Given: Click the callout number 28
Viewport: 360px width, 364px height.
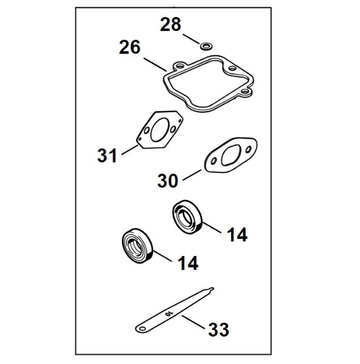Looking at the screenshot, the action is [170, 24].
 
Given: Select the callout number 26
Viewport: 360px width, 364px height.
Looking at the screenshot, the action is [130, 47].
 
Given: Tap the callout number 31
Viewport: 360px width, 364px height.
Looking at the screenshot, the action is [107, 155].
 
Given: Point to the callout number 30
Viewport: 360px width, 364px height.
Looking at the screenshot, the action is [168, 181].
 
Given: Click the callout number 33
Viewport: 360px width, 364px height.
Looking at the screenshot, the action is [219, 329].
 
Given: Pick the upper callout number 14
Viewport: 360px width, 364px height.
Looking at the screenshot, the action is [237, 235].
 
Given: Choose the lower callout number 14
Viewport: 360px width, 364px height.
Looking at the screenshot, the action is [188, 263].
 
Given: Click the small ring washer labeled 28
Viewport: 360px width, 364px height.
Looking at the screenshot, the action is [206, 46].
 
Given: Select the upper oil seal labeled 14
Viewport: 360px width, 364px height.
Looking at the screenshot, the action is [188, 217].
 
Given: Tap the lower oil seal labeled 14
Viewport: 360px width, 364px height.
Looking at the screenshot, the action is [137, 245].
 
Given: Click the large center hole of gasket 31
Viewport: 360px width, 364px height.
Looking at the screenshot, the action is [160, 130].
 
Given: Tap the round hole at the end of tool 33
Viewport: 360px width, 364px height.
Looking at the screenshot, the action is [143, 328].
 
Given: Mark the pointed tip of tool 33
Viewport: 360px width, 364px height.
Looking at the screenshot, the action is [212, 288].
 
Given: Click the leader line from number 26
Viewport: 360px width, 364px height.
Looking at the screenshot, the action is [155, 64].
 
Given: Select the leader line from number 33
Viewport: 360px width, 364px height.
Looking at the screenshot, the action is [194, 321].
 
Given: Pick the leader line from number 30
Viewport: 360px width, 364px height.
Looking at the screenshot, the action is [192, 175].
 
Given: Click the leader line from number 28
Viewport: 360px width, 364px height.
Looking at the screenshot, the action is [191, 39].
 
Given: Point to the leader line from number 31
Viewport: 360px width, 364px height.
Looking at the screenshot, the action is [130, 150].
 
